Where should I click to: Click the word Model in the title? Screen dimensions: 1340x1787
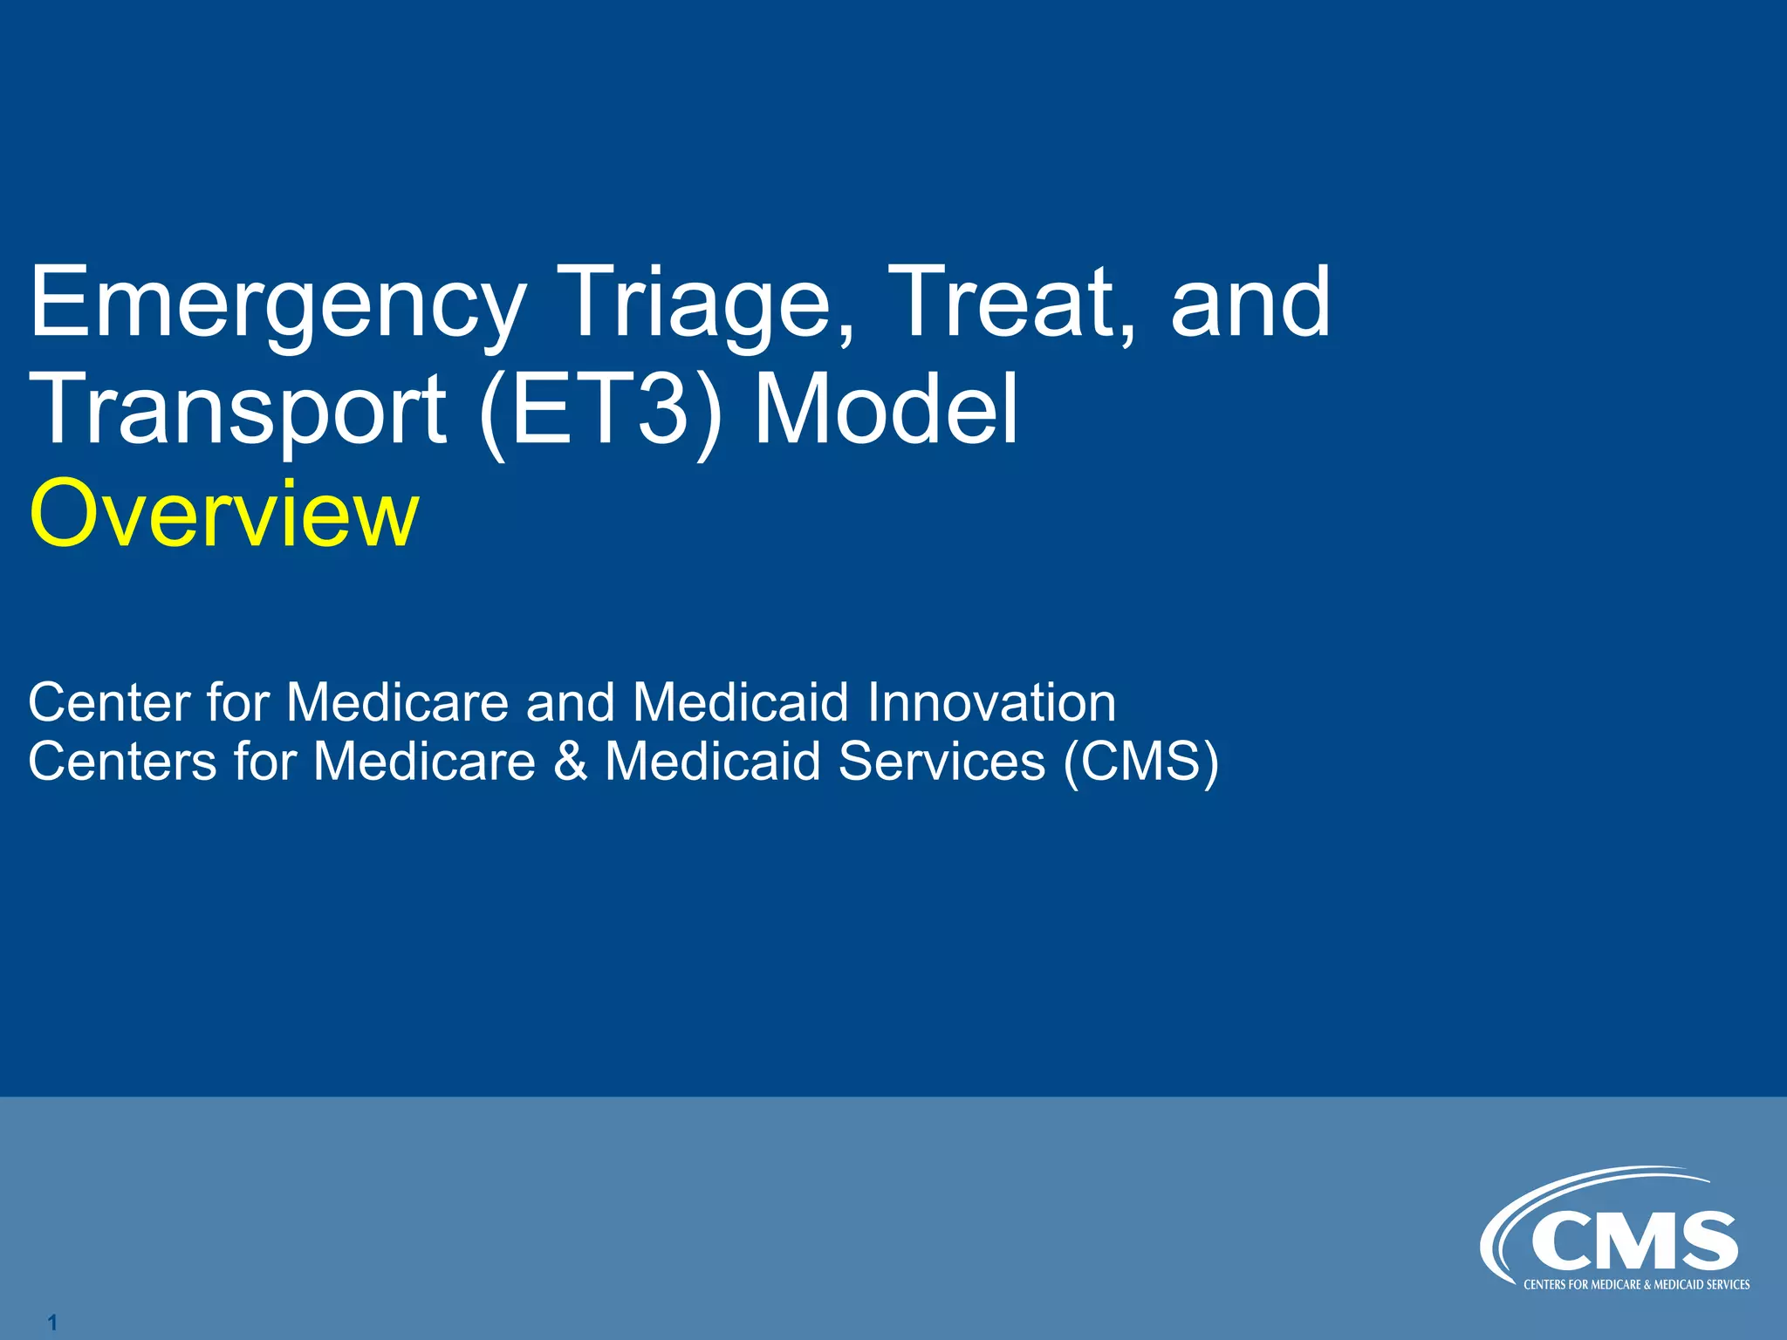885,408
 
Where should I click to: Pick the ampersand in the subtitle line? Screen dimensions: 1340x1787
571,761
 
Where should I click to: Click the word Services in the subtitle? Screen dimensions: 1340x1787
941,761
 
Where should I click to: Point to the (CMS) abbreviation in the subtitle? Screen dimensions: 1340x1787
1140,761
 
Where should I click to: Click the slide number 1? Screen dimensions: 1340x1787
52,1323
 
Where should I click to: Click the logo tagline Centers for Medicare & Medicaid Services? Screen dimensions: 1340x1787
1636,1285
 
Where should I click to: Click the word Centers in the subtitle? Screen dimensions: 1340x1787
122,761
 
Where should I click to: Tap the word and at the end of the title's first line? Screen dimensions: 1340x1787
1250,304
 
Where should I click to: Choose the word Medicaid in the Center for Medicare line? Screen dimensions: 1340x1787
740,702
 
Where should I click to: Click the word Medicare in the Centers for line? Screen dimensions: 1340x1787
424,761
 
